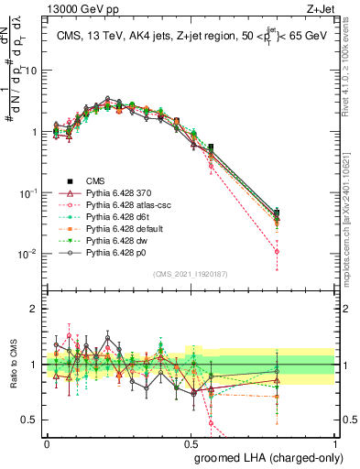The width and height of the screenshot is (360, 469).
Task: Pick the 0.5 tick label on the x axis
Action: coord(191,443)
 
